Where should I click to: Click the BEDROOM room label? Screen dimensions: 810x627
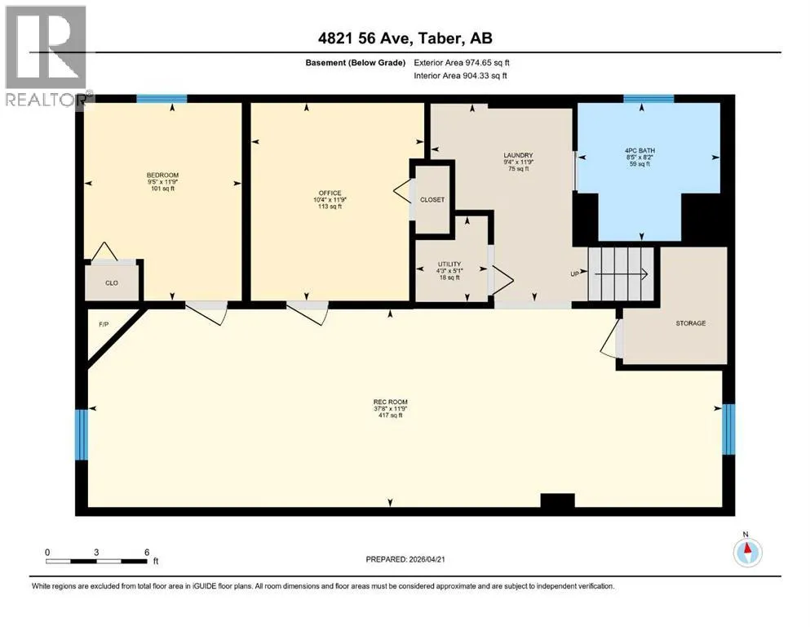point(162,176)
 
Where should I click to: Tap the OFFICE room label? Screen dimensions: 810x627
point(330,193)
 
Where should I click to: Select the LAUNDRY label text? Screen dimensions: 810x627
point(518,155)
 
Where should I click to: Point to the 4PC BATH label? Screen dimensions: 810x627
point(640,151)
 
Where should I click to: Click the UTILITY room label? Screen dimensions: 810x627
point(449,265)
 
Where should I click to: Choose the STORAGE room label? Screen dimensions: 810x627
point(691,323)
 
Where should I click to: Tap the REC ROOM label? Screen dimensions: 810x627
point(391,402)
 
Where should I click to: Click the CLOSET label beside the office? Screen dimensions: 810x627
point(432,199)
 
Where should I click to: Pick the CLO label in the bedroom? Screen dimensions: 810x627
point(112,282)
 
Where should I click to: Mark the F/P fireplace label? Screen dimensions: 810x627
point(104,325)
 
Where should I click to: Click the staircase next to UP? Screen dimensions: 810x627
point(621,274)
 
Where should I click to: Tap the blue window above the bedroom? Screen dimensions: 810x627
point(162,99)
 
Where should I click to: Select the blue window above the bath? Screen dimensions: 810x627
point(648,99)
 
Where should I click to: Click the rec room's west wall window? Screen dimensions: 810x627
point(82,434)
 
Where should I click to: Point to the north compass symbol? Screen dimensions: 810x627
point(747,551)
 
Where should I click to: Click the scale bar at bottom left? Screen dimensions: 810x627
point(96,561)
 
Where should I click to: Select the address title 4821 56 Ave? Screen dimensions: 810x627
point(365,38)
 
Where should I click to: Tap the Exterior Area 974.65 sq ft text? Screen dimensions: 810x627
point(462,63)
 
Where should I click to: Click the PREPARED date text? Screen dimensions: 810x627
point(405,559)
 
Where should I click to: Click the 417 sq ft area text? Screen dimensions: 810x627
point(391,415)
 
